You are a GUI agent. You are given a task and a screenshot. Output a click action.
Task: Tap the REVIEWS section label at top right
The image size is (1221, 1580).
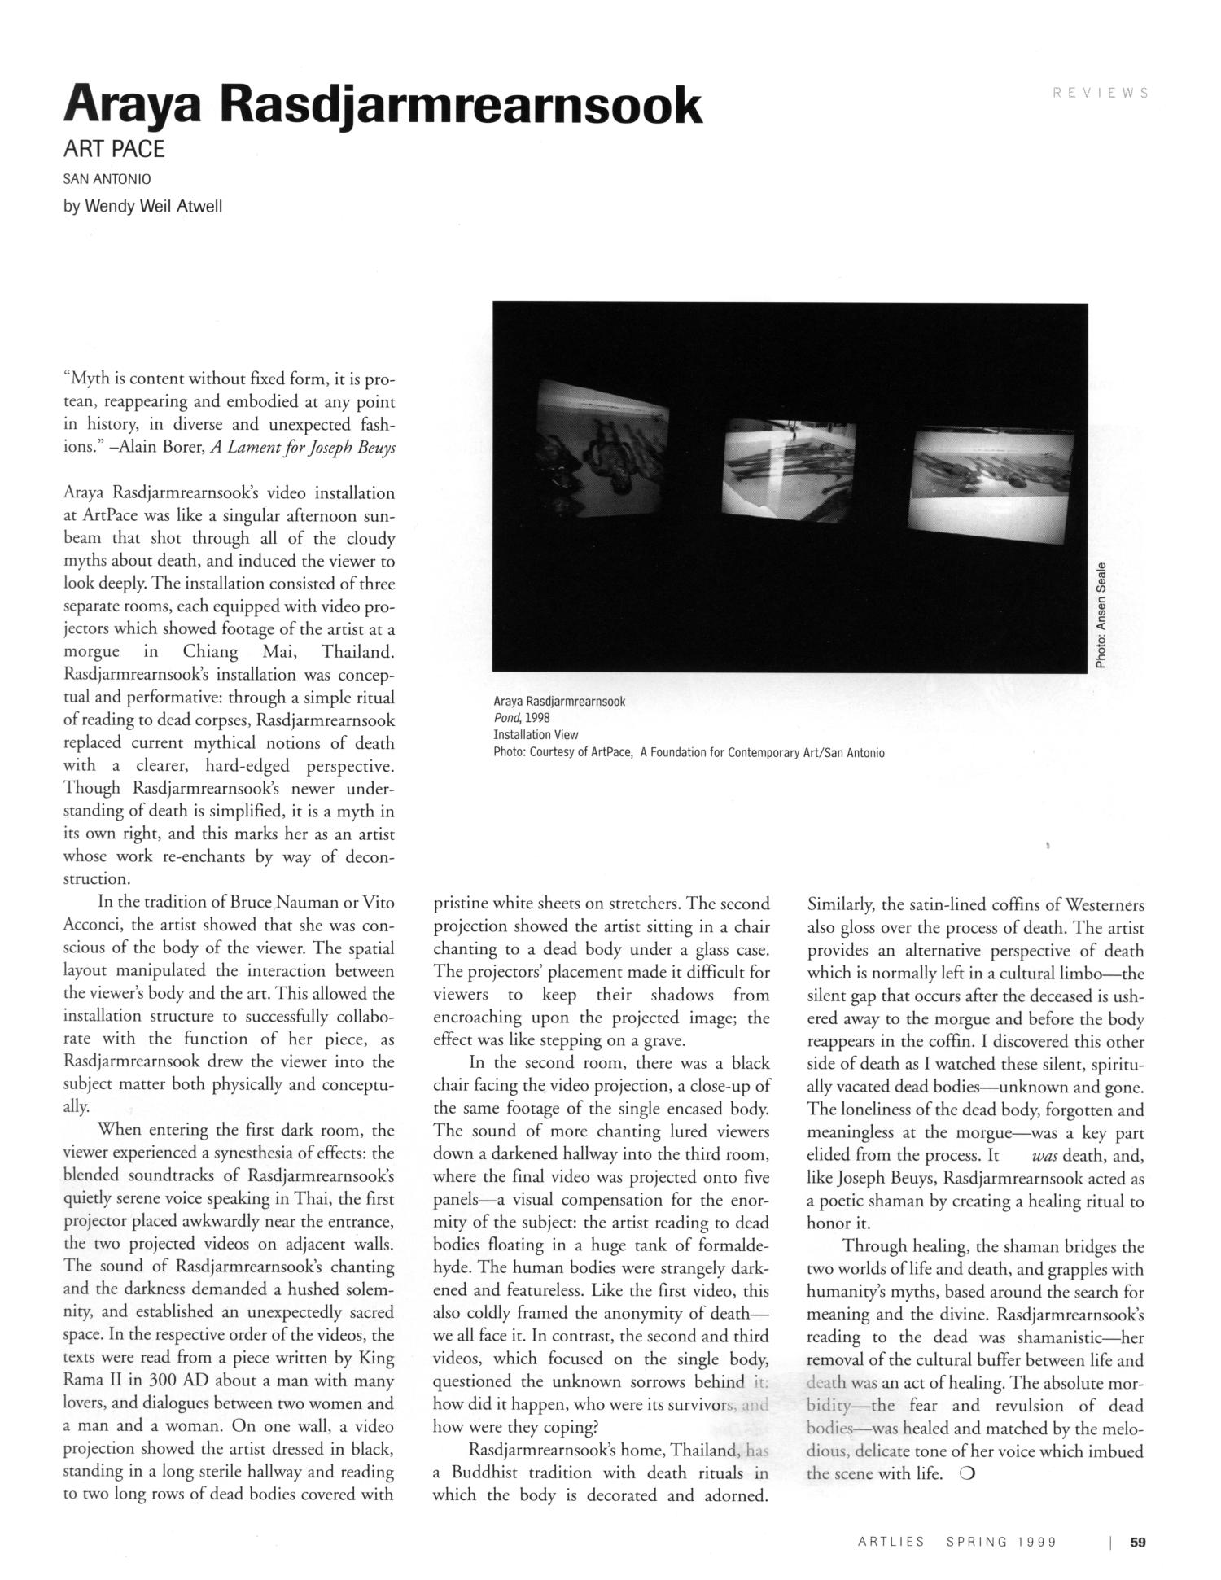(1101, 93)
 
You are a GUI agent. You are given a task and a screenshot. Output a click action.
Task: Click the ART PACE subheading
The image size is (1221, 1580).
(114, 150)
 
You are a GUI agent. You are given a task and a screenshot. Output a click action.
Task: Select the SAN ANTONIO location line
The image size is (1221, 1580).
(107, 178)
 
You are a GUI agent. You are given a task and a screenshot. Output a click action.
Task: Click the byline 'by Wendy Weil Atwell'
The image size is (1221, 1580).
(142, 207)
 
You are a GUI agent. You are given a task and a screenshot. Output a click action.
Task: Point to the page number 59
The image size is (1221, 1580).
(1138, 1542)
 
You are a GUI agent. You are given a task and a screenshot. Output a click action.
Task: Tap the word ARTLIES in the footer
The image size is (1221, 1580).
(891, 1542)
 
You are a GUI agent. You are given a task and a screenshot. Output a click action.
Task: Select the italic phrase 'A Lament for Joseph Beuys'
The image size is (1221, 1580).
(303, 448)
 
